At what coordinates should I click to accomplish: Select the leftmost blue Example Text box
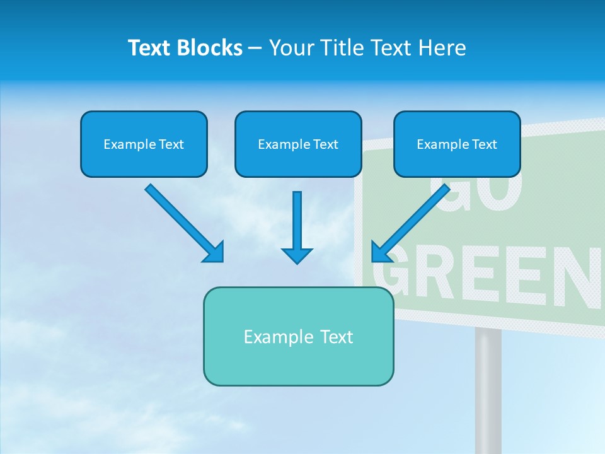[144, 144]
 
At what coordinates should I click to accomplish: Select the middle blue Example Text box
[298, 144]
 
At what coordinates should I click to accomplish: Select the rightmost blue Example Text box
[457, 144]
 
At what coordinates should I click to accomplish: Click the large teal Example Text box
[298, 337]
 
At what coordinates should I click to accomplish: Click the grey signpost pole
[488, 391]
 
